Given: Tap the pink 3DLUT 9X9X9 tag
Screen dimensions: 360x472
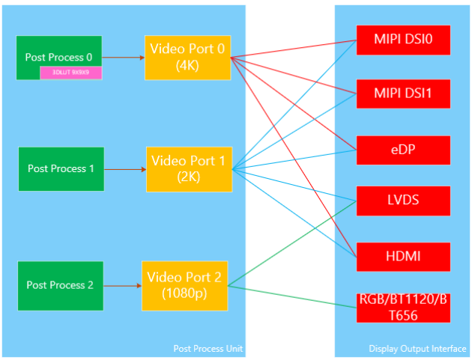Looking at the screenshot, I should click(71, 73).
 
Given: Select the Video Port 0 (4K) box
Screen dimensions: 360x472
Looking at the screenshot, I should click(187, 57).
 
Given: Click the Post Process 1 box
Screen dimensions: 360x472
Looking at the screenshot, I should click(61, 168).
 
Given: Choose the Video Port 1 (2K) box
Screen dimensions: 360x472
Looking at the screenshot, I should click(189, 168).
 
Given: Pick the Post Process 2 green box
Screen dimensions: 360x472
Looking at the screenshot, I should click(61, 285).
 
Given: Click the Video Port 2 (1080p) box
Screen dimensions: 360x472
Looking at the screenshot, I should click(185, 285).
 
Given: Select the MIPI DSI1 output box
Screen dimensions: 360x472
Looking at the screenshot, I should click(403, 94).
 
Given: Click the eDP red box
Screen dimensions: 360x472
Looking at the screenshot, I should click(403, 150).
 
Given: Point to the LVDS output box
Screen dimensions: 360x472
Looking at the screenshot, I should click(403, 201).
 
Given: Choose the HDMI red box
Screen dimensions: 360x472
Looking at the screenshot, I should click(403, 257).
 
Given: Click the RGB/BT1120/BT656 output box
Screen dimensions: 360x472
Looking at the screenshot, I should click(403, 308).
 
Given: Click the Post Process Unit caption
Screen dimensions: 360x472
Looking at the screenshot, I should click(208, 349).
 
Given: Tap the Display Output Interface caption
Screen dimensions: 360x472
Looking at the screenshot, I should click(417, 349).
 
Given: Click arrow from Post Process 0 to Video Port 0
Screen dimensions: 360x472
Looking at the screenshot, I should click(124, 57).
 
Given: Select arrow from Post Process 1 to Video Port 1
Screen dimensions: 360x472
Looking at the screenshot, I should click(124, 169).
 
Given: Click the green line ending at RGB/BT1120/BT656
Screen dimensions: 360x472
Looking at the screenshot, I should click(292, 296).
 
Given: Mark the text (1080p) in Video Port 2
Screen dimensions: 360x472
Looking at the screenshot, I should click(185, 293).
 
